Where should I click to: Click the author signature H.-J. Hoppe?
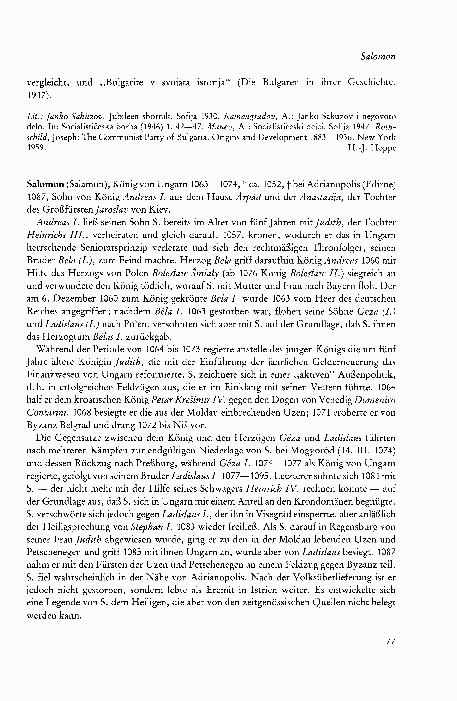pyautogui.click(x=372, y=148)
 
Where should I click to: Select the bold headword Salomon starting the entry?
pyautogui.click(x=45, y=185)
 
